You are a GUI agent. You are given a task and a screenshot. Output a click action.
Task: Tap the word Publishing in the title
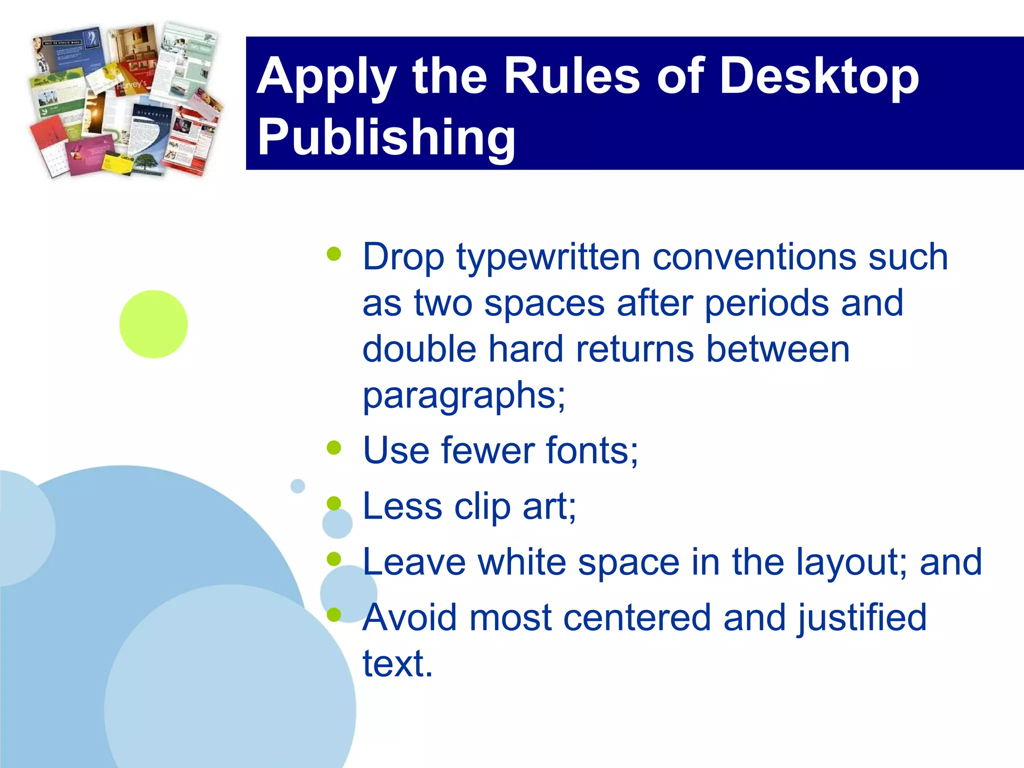pos(386,137)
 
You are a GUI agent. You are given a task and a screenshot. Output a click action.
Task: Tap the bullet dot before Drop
pos(334,254)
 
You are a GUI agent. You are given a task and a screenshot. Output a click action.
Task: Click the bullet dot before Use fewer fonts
pos(334,447)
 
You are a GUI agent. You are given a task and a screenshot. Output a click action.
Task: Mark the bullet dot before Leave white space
pos(334,558)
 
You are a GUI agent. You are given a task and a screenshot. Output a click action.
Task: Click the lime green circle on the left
pos(153,324)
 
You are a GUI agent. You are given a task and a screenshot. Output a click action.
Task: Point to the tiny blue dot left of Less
pos(297,486)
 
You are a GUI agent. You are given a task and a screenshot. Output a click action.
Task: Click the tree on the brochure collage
pos(147,162)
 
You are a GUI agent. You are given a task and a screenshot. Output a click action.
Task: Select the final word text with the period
pos(397,664)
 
